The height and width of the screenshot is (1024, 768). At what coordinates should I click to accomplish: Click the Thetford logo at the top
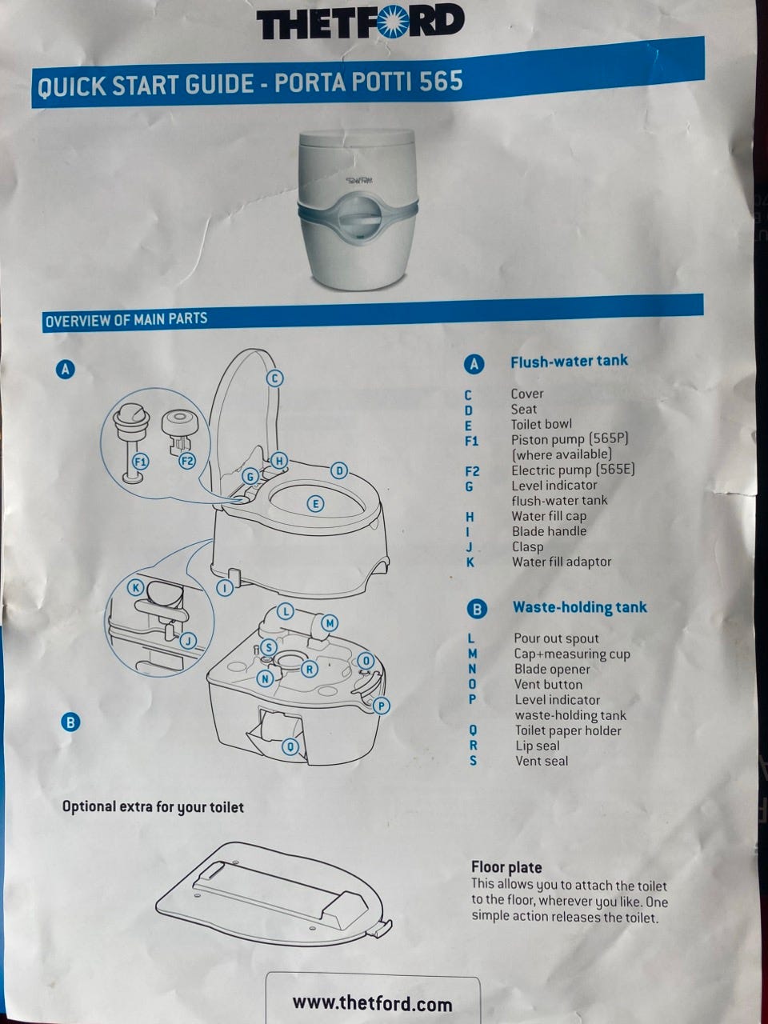point(361,22)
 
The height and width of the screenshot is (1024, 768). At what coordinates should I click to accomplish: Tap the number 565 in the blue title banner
point(441,81)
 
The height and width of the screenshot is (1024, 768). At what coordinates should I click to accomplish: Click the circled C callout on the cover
point(274,378)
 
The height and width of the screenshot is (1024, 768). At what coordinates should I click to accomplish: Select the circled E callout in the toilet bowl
point(316,504)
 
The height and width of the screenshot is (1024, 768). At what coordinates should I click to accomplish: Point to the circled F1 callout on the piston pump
point(140,462)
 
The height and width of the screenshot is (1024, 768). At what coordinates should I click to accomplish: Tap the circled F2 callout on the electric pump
point(187,462)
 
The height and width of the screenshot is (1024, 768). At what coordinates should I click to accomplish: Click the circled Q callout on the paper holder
point(290,747)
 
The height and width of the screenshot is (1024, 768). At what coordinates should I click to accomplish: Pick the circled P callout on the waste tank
point(382,706)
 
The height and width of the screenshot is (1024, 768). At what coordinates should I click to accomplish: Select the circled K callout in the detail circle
point(136,587)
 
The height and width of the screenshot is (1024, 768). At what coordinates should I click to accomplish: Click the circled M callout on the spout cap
point(330,623)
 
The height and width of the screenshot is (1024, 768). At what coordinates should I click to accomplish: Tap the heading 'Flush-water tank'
point(569,362)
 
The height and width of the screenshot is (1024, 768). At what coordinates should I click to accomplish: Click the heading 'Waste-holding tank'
point(580,607)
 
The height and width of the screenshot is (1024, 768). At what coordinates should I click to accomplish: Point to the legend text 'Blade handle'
point(549,531)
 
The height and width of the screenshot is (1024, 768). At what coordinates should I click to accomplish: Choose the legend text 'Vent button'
point(548,684)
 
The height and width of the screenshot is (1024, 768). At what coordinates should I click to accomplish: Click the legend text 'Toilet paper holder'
point(568,730)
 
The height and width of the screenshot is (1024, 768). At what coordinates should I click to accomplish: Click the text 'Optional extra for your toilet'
point(153,807)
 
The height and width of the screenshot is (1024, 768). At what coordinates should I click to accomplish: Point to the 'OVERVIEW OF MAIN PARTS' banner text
point(126,320)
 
